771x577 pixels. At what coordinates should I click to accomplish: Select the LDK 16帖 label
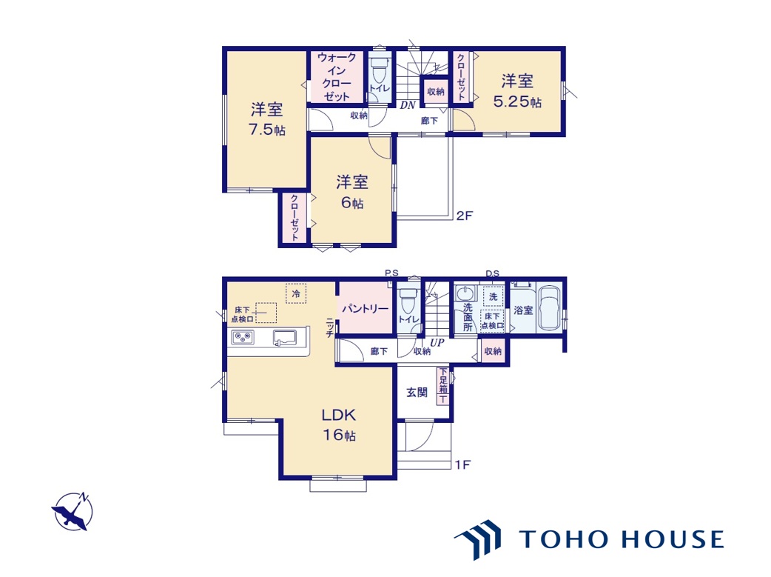pos(339,425)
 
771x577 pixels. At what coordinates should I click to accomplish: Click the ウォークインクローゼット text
pos(337,77)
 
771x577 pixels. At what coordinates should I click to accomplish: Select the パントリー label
pos(365,309)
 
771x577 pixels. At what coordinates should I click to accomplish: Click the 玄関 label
pos(417,393)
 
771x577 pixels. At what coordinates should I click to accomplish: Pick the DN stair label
pos(408,105)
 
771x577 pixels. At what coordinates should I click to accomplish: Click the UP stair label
pos(437,342)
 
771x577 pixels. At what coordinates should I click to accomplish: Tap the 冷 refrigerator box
pos(296,293)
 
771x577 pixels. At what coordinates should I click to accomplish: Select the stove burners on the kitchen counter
pos(243,338)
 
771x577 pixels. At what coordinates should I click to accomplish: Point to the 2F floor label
pos(464,215)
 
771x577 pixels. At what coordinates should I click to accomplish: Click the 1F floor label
pos(462,464)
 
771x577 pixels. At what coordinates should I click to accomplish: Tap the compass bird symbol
pos(73,512)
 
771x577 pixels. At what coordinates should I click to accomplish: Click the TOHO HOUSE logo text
pos(622,539)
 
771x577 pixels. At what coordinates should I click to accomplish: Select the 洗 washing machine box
pos(494,296)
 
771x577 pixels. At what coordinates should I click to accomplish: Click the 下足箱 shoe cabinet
pos(443,386)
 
